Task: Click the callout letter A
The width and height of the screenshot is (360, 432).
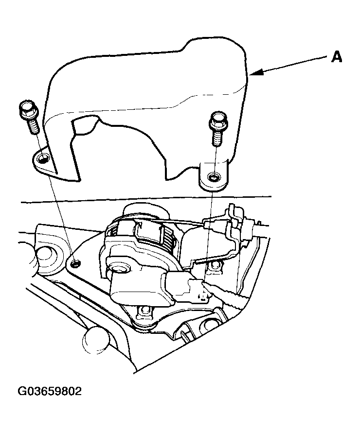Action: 336,57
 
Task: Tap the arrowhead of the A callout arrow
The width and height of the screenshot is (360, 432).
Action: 255,73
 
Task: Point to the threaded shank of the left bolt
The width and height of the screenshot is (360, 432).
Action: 33,126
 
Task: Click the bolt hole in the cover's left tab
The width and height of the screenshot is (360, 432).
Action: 43,158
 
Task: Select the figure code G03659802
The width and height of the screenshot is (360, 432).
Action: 50,391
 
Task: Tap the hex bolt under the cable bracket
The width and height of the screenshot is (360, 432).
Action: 215,266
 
